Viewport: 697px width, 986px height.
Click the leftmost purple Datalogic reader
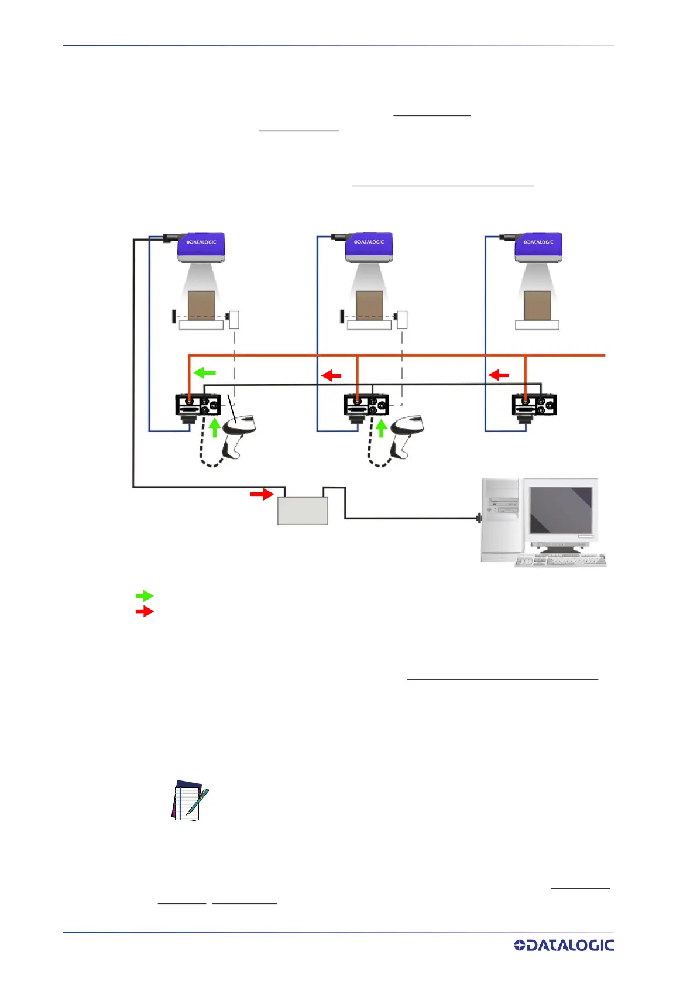(201, 248)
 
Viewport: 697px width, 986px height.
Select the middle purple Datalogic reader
(369, 248)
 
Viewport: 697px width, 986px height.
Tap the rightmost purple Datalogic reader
(538, 248)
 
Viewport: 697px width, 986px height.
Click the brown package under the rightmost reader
(537, 306)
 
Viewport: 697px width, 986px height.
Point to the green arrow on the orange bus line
(205, 372)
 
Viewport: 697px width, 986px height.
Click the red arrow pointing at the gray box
(262, 494)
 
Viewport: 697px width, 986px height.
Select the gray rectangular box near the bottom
(302, 511)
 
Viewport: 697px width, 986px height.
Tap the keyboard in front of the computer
(560, 560)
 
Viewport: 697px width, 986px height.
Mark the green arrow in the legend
(144, 596)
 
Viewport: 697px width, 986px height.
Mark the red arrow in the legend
(144, 611)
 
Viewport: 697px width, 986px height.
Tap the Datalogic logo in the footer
(564, 945)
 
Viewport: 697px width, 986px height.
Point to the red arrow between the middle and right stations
(499, 375)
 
